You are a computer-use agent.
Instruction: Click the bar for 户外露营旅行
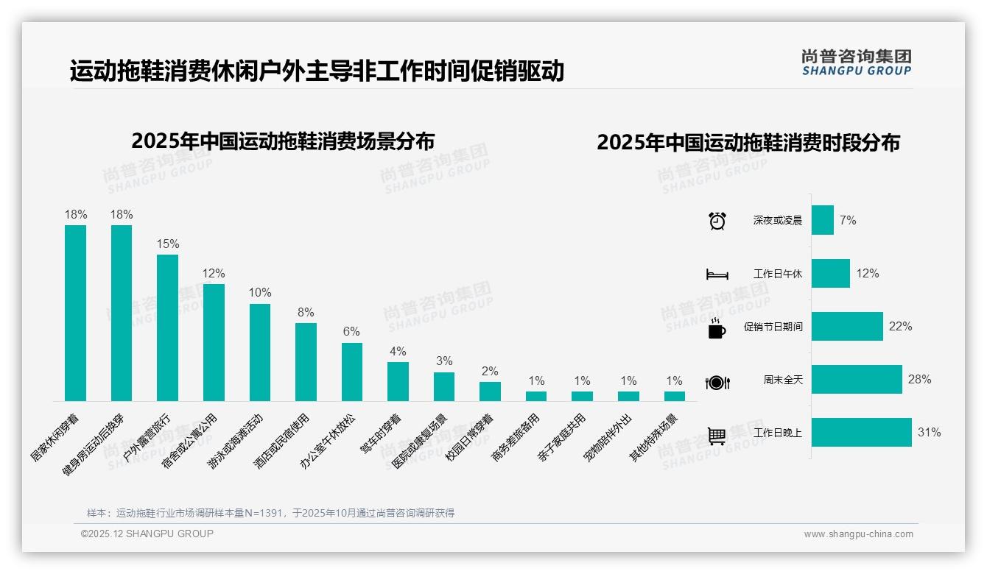pyautogui.click(x=167, y=327)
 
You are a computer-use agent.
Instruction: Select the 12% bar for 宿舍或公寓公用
pyautogui.click(x=214, y=342)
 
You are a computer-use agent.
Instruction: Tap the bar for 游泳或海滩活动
pyautogui.click(x=260, y=352)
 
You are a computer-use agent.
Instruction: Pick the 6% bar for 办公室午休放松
pyautogui.click(x=352, y=372)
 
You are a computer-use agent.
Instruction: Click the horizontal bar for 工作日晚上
pyautogui.click(x=861, y=433)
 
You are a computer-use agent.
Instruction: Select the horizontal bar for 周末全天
pyautogui.click(x=857, y=380)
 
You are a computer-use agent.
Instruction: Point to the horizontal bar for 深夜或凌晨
pyautogui.click(x=823, y=220)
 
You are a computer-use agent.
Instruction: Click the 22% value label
pyautogui.click(x=900, y=327)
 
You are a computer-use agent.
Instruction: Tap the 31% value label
pyautogui.click(x=929, y=433)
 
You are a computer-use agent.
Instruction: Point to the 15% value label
pyautogui.click(x=167, y=244)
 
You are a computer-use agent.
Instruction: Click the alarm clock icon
pyautogui.click(x=717, y=221)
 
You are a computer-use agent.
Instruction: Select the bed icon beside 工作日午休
pyautogui.click(x=717, y=274)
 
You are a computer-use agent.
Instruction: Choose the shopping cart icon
pyautogui.click(x=717, y=436)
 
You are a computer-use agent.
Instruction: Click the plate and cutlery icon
pyautogui.click(x=717, y=382)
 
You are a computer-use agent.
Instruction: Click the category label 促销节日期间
pyautogui.click(x=773, y=327)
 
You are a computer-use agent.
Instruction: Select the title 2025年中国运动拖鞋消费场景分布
pyautogui.click(x=283, y=141)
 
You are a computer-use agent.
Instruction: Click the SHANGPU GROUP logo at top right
pyautogui.click(x=856, y=63)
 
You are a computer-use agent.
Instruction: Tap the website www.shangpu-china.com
pyautogui.click(x=858, y=534)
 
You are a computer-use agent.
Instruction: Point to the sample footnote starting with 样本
pyautogui.click(x=270, y=513)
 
